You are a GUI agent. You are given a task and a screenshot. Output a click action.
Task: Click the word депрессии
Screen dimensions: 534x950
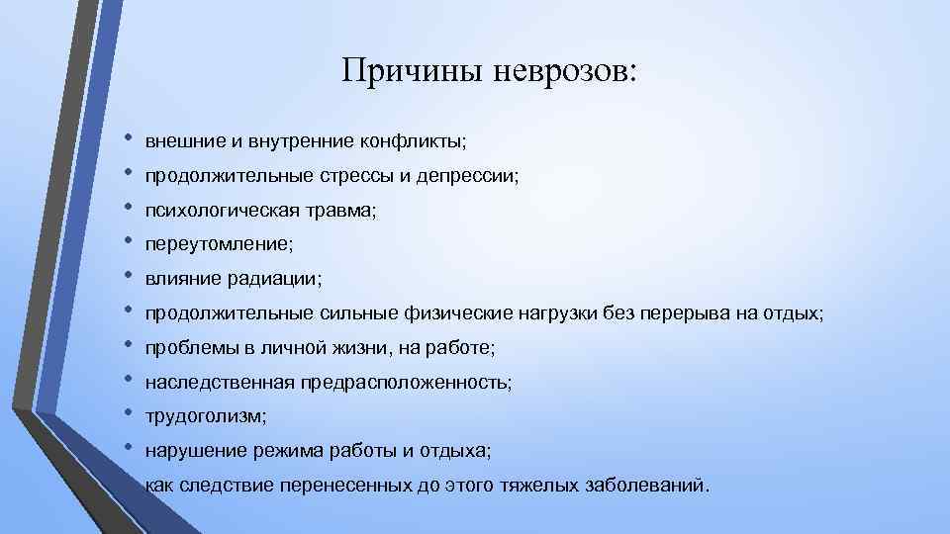click(470, 176)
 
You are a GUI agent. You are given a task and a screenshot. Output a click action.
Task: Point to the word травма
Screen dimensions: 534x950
click(340, 211)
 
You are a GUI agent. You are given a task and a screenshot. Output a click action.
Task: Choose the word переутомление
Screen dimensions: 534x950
click(218, 244)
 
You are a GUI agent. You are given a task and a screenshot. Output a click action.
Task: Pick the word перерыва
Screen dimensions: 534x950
click(684, 313)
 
